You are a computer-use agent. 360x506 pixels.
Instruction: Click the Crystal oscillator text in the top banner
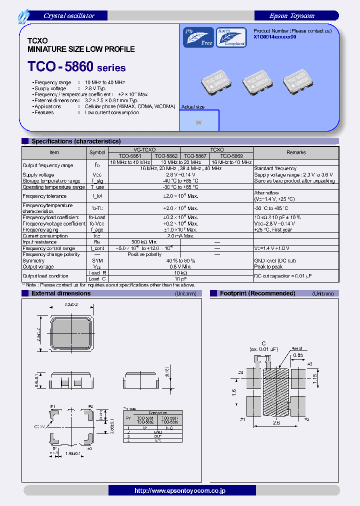[x=68, y=16]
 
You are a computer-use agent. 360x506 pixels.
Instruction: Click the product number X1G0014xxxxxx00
[x=275, y=37]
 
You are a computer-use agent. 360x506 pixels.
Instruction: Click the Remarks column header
[x=296, y=152]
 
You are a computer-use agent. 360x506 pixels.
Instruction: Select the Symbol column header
[x=97, y=152]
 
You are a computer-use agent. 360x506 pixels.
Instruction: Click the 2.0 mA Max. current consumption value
[x=180, y=236]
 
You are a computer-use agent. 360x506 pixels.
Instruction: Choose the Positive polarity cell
[x=144, y=254]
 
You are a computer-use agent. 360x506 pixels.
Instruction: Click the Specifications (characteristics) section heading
[x=76, y=141]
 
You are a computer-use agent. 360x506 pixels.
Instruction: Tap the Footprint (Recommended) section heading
[x=257, y=293]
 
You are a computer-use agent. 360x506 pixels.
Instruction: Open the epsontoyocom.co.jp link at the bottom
[x=180, y=490]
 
